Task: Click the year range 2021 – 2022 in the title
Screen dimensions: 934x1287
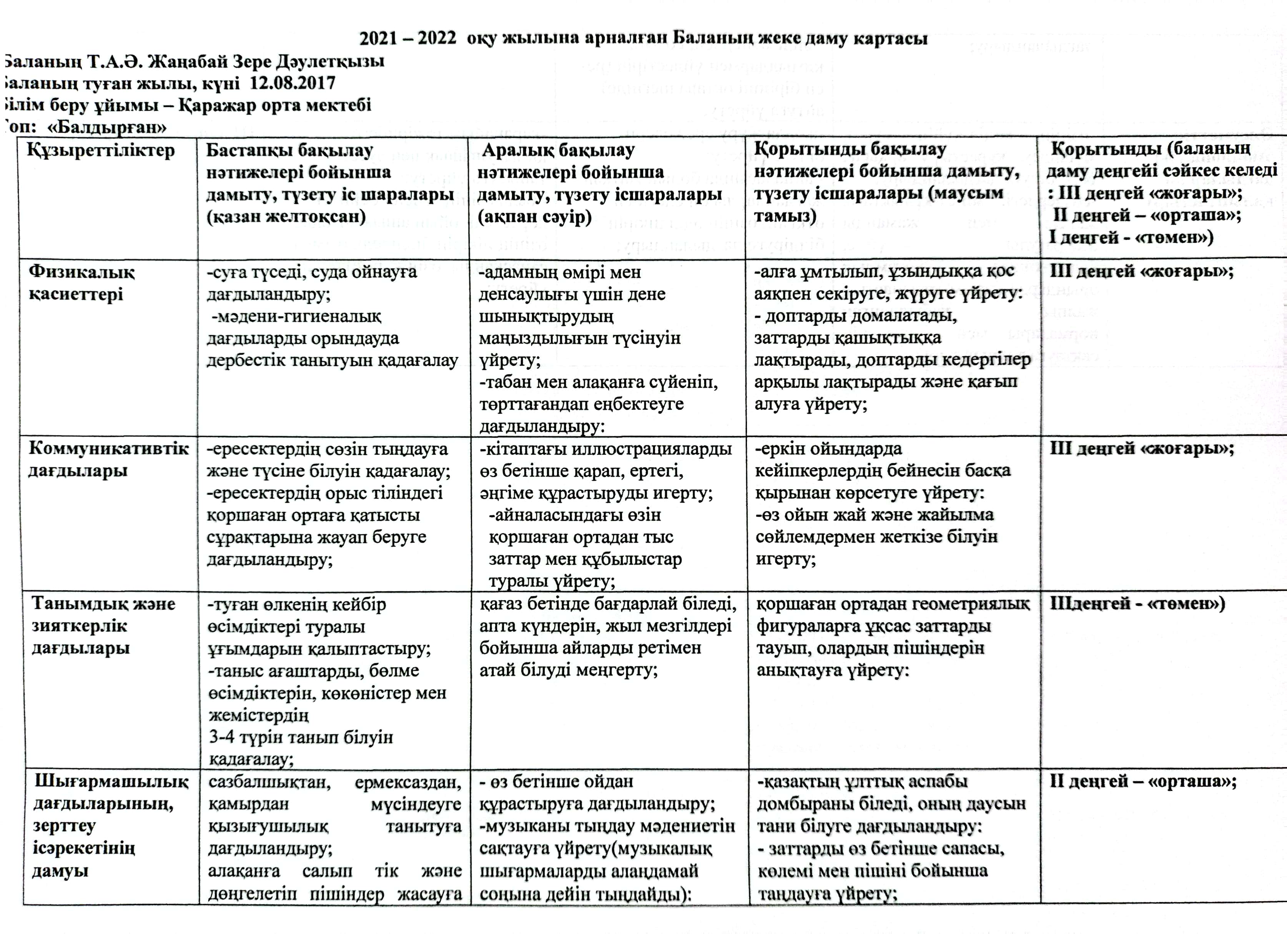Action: [x=407, y=38]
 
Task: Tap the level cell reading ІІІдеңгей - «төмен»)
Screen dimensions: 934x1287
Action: [x=1137, y=604]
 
